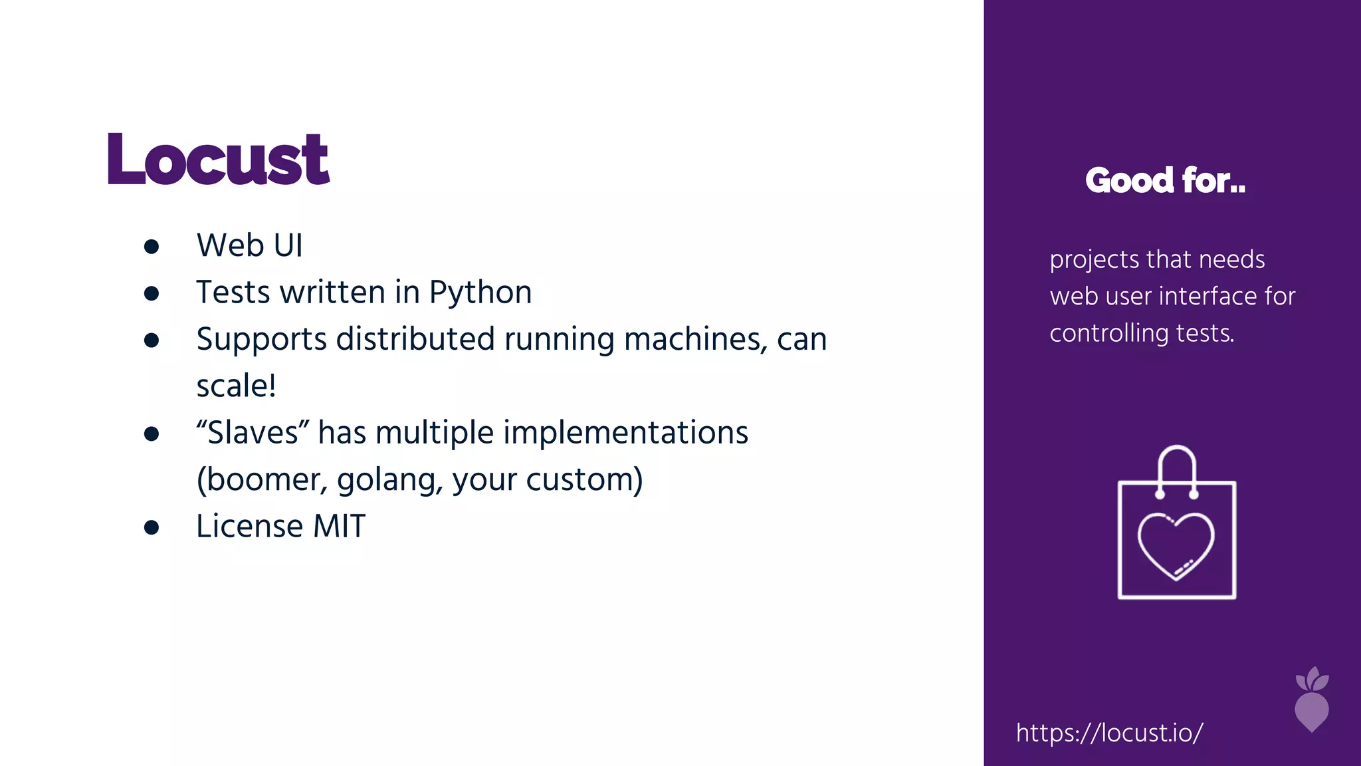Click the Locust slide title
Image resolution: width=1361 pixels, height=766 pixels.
pos(218,160)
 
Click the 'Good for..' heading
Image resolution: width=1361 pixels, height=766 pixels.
pos(1165,180)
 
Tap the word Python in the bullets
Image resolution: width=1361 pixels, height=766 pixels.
pos(480,293)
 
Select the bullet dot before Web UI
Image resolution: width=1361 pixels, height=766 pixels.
pos(152,247)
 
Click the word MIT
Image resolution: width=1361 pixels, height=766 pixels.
pos(339,526)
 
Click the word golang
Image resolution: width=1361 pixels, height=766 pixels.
pos(389,480)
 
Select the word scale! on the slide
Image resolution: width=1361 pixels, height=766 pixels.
pos(236,386)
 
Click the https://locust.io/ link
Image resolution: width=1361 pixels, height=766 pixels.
pos(1109,733)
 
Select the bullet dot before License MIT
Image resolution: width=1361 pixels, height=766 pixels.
pos(152,527)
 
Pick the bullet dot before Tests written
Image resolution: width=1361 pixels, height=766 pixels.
pos(152,293)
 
